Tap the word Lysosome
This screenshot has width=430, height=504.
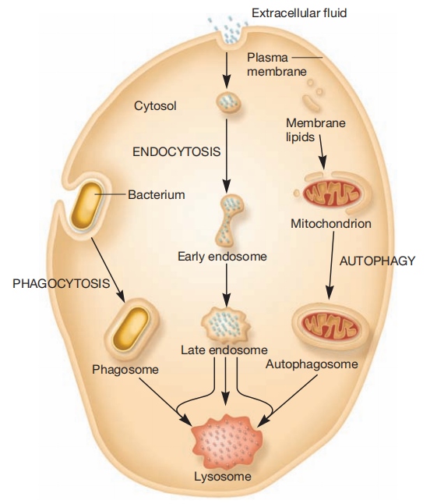pos(222,477)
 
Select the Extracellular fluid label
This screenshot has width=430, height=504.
pos(299,13)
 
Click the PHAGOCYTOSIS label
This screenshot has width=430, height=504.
pos(61,283)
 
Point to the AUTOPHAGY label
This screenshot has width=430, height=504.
pos(377,261)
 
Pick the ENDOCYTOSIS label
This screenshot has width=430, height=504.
pos(177,151)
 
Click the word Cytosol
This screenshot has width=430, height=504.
pos(155,106)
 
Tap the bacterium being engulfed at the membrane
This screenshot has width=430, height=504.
pos(86,206)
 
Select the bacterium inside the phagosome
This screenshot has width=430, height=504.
pos(131,328)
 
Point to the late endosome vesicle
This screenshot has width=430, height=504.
pos(226,325)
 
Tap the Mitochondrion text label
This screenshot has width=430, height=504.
pos(331,224)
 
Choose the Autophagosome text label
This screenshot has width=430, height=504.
pos(312,364)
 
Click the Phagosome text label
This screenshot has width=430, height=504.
pos(125,370)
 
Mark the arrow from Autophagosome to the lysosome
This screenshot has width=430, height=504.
pos(287,401)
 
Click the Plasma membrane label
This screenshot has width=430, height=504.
pos(277,65)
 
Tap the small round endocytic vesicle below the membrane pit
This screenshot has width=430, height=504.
pos(227,102)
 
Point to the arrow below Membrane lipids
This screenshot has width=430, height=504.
pos(322,151)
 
